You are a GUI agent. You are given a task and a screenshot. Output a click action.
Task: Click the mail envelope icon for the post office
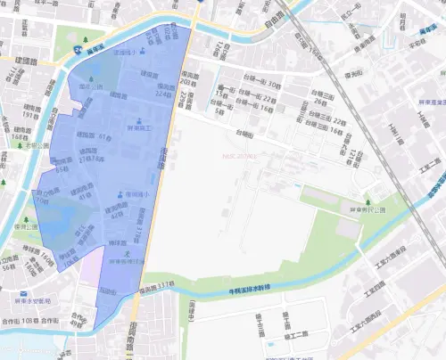pos(19,291)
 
